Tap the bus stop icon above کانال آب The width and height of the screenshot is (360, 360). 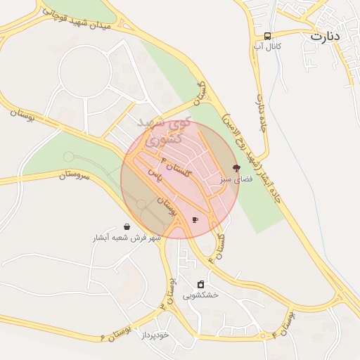tap(267, 36)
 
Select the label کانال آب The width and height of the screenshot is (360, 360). tap(267, 46)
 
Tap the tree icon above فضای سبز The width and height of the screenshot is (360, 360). tap(236, 168)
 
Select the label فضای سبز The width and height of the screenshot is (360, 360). tap(234, 180)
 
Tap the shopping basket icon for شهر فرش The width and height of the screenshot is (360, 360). tap(127, 226)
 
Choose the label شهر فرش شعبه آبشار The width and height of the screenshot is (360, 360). tap(127, 238)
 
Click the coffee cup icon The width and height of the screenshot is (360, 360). tap(195, 220)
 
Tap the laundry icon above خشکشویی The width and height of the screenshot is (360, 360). tap(201, 284)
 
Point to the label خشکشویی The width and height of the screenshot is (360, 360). tap(201, 295)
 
